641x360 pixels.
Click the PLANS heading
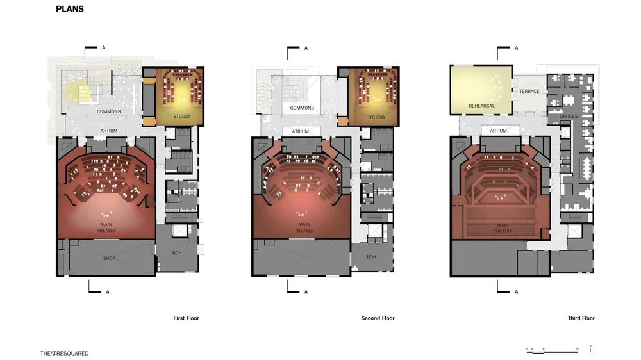(70, 10)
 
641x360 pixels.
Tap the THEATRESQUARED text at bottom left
(64, 353)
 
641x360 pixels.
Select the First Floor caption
(186, 318)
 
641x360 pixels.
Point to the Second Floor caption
(378, 318)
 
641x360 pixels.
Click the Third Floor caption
(581, 318)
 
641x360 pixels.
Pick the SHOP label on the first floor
(109, 258)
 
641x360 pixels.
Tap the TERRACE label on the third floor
(529, 92)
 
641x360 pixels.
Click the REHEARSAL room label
(481, 106)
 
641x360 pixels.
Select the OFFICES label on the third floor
(569, 117)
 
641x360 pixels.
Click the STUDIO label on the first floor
(181, 117)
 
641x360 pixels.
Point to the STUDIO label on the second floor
(376, 117)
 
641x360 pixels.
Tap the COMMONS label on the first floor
(109, 111)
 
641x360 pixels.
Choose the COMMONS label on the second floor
(302, 108)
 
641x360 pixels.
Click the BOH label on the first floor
(178, 252)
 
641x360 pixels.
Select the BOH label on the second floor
(371, 257)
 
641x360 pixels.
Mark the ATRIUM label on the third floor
(499, 131)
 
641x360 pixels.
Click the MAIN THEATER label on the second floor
(304, 227)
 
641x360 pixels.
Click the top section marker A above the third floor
(517, 48)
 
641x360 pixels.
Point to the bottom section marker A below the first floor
(108, 292)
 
